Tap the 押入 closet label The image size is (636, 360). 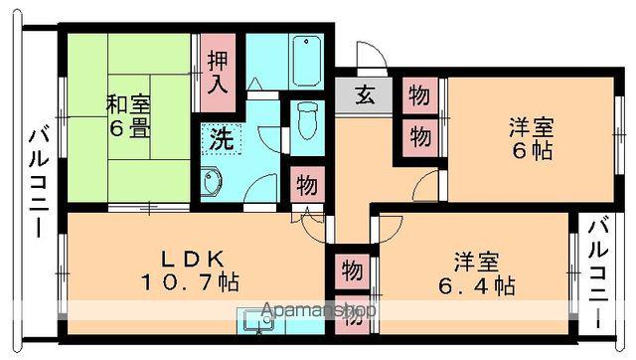pyautogui.click(x=216, y=70)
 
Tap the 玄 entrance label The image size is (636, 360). pyautogui.click(x=364, y=96)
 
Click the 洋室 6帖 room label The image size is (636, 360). pyautogui.click(x=531, y=139)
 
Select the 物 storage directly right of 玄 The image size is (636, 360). pyautogui.click(x=418, y=96)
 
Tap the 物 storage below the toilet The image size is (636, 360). pyautogui.click(x=306, y=185)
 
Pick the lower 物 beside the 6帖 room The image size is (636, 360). pyautogui.click(x=418, y=134)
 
